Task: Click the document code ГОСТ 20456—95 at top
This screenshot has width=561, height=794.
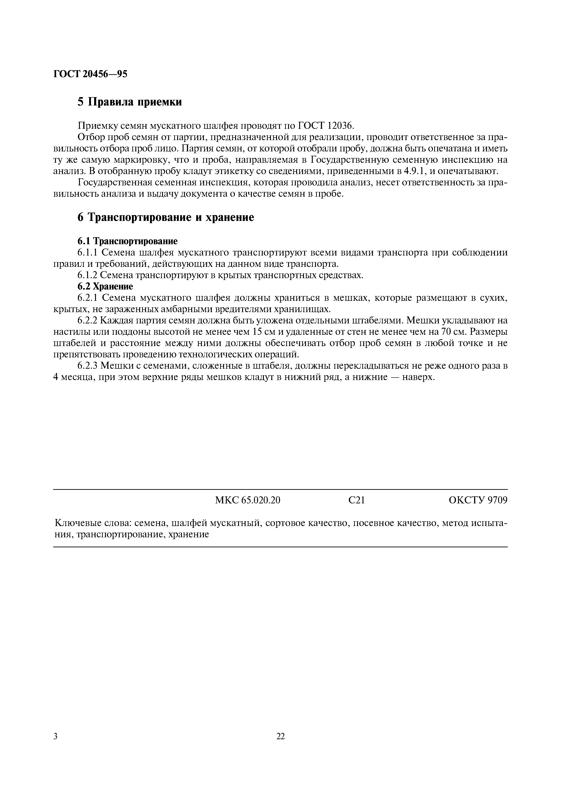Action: click(x=90, y=74)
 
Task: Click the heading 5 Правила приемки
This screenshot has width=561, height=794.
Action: click(x=130, y=102)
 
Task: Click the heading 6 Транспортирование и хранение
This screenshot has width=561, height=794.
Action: click(x=166, y=218)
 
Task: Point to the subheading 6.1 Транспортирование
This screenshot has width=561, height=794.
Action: click(x=127, y=241)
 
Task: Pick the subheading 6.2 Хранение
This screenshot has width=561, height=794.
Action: click(x=105, y=287)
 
